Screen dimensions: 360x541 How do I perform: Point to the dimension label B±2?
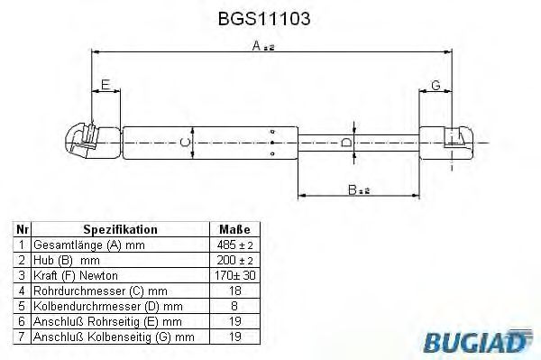click(x=359, y=189)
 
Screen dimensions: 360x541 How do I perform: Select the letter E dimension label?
click(x=105, y=86)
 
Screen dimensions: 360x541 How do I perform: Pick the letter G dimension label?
click(x=436, y=86)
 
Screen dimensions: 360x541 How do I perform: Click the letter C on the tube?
click(x=185, y=142)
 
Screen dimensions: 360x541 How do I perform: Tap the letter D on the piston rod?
click(x=347, y=143)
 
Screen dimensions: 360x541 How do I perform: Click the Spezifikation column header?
click(x=120, y=230)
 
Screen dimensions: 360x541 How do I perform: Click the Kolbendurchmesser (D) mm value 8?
click(x=234, y=305)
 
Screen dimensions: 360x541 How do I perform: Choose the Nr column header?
click(x=21, y=230)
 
